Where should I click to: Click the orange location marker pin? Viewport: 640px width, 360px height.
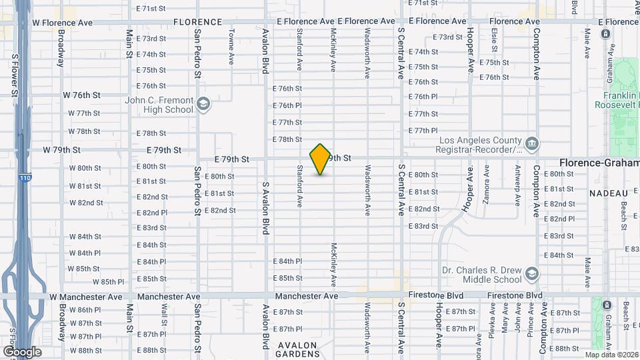pos(321,159)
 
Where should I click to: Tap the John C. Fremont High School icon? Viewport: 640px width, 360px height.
pos(203,103)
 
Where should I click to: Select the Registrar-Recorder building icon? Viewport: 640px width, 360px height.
pos(532,143)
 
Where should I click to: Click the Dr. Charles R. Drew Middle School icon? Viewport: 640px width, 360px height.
pos(532,274)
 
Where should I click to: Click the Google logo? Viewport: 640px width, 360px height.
pos(22,351)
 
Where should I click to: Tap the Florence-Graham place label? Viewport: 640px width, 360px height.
pos(599,163)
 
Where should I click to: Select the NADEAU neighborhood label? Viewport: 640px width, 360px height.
pos(609,193)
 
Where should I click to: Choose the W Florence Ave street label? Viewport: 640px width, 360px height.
pos(63,23)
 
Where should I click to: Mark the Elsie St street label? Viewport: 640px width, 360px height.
pos(494,40)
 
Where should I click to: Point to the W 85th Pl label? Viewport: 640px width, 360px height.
pos(119,282)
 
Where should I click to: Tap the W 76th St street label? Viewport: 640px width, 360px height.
pos(81,96)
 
